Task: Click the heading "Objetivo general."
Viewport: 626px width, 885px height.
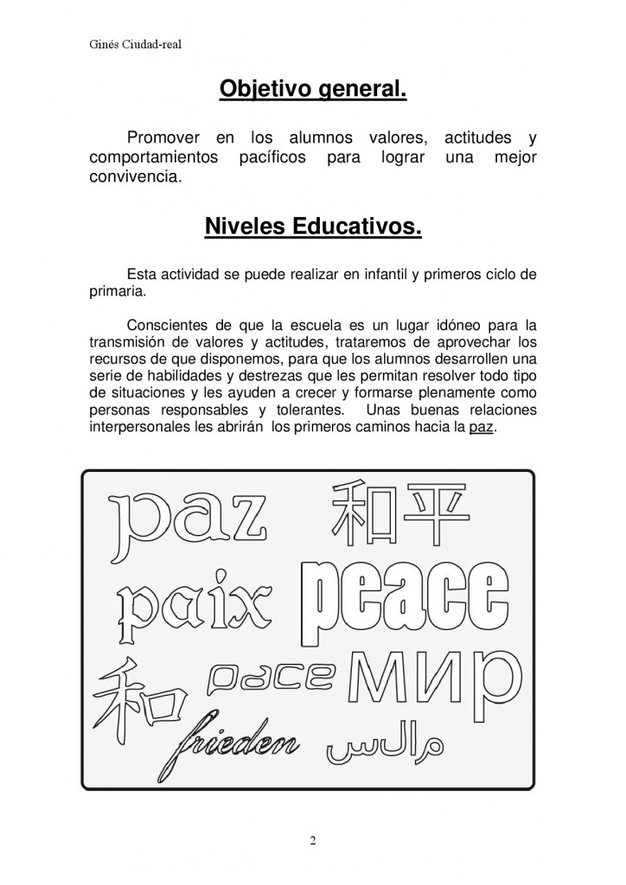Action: [313, 88]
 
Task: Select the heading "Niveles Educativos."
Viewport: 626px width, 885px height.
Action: [313, 227]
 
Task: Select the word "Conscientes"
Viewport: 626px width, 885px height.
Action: [166, 326]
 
